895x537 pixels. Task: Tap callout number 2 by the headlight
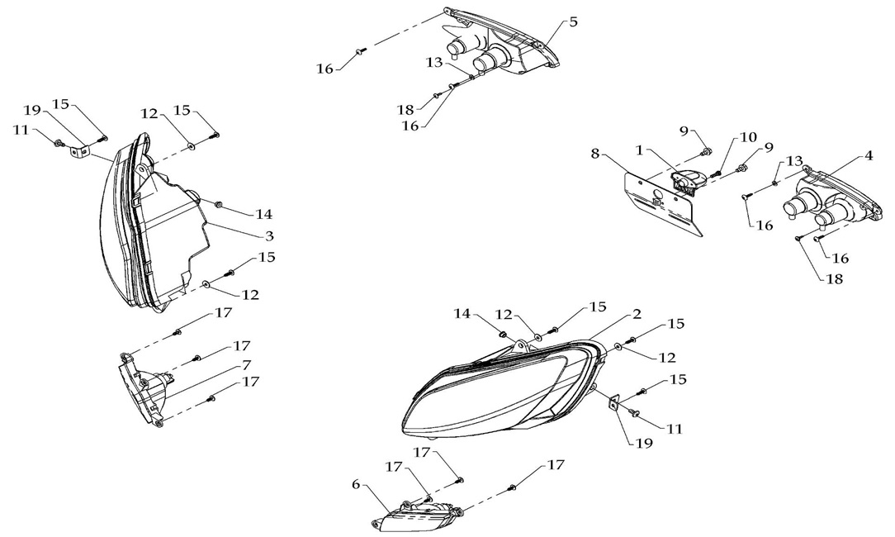637,315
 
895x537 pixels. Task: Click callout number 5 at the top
573,21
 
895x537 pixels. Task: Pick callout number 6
356,484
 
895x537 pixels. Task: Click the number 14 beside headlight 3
263,214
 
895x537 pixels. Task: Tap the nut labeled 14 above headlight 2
503,334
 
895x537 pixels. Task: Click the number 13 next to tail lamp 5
434,62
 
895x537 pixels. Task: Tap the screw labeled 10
715,173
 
